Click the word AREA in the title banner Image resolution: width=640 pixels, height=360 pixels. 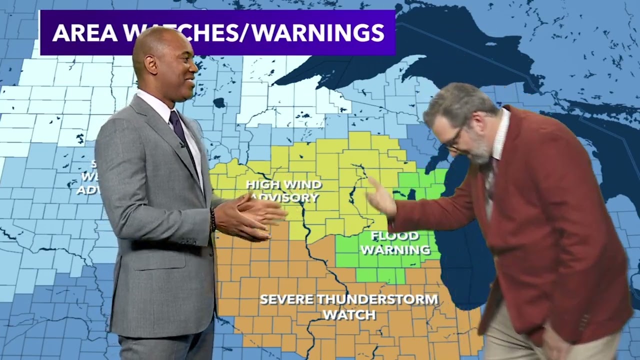(83, 32)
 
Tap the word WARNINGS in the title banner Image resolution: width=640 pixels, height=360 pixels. (318, 32)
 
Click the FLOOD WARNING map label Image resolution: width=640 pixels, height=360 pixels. (395, 242)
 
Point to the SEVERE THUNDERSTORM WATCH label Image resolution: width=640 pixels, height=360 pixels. (349, 306)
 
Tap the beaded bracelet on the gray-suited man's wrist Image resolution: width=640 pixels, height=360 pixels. (213, 220)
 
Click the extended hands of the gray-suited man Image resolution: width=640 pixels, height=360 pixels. (250, 217)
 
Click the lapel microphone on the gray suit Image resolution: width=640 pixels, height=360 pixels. (183, 145)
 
